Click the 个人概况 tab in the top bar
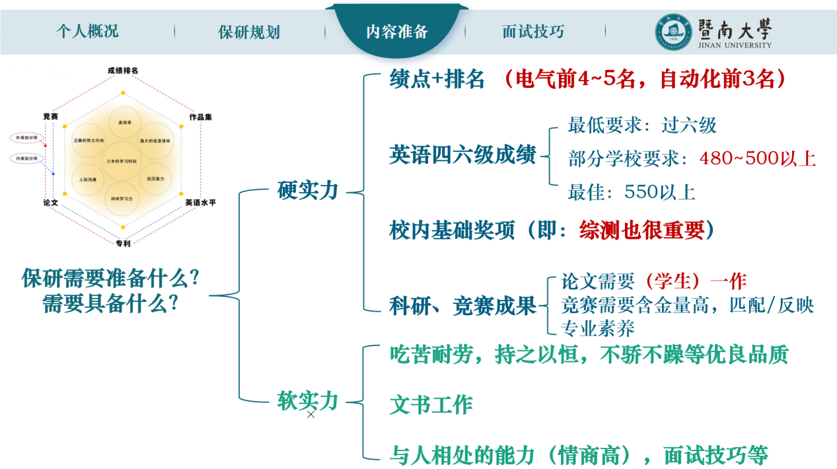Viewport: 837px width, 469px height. pos(87,31)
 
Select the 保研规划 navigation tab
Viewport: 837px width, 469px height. pos(249,32)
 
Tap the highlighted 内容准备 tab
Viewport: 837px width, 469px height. pos(398,30)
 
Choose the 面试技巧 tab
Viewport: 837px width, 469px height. pos(533,31)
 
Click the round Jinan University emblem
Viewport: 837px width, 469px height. pos(673,32)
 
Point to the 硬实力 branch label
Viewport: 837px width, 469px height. pos(308,190)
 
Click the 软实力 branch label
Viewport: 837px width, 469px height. pos(308,400)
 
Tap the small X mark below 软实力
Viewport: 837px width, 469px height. pos(311,414)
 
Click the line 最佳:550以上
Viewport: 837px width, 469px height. pos(632,192)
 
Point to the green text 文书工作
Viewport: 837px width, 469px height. pos(431,404)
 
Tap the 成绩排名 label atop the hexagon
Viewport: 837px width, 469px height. pos(123,70)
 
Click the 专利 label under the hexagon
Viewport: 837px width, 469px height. pos(123,243)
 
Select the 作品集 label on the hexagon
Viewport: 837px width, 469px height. pos(200,117)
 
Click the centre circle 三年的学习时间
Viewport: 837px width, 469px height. pos(122,161)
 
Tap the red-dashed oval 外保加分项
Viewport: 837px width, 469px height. pos(27,138)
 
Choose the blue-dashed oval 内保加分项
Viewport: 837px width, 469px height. pos(27,159)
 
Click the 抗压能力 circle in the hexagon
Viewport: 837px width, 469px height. pos(155,179)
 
